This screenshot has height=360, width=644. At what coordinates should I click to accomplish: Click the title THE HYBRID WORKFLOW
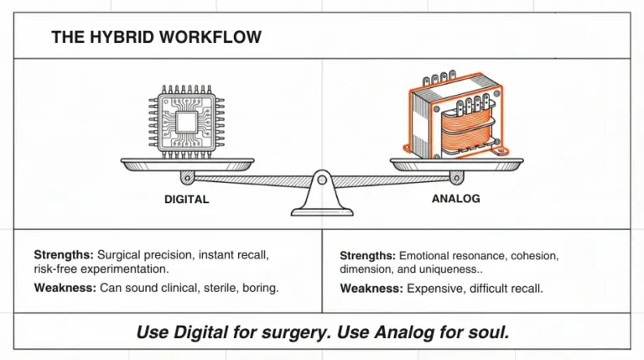156,37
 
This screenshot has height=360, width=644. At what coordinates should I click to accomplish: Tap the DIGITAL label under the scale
187,200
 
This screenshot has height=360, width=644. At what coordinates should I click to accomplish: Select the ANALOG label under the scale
455,199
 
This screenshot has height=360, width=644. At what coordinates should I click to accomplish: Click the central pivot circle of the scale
322,178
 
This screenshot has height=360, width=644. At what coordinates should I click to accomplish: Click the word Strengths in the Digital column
64,254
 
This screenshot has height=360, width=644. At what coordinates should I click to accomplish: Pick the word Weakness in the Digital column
65,288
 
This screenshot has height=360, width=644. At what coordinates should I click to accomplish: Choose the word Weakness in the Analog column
371,289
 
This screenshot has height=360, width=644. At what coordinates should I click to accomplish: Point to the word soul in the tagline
492,332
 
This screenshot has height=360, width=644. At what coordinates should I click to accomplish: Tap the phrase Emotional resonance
451,255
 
